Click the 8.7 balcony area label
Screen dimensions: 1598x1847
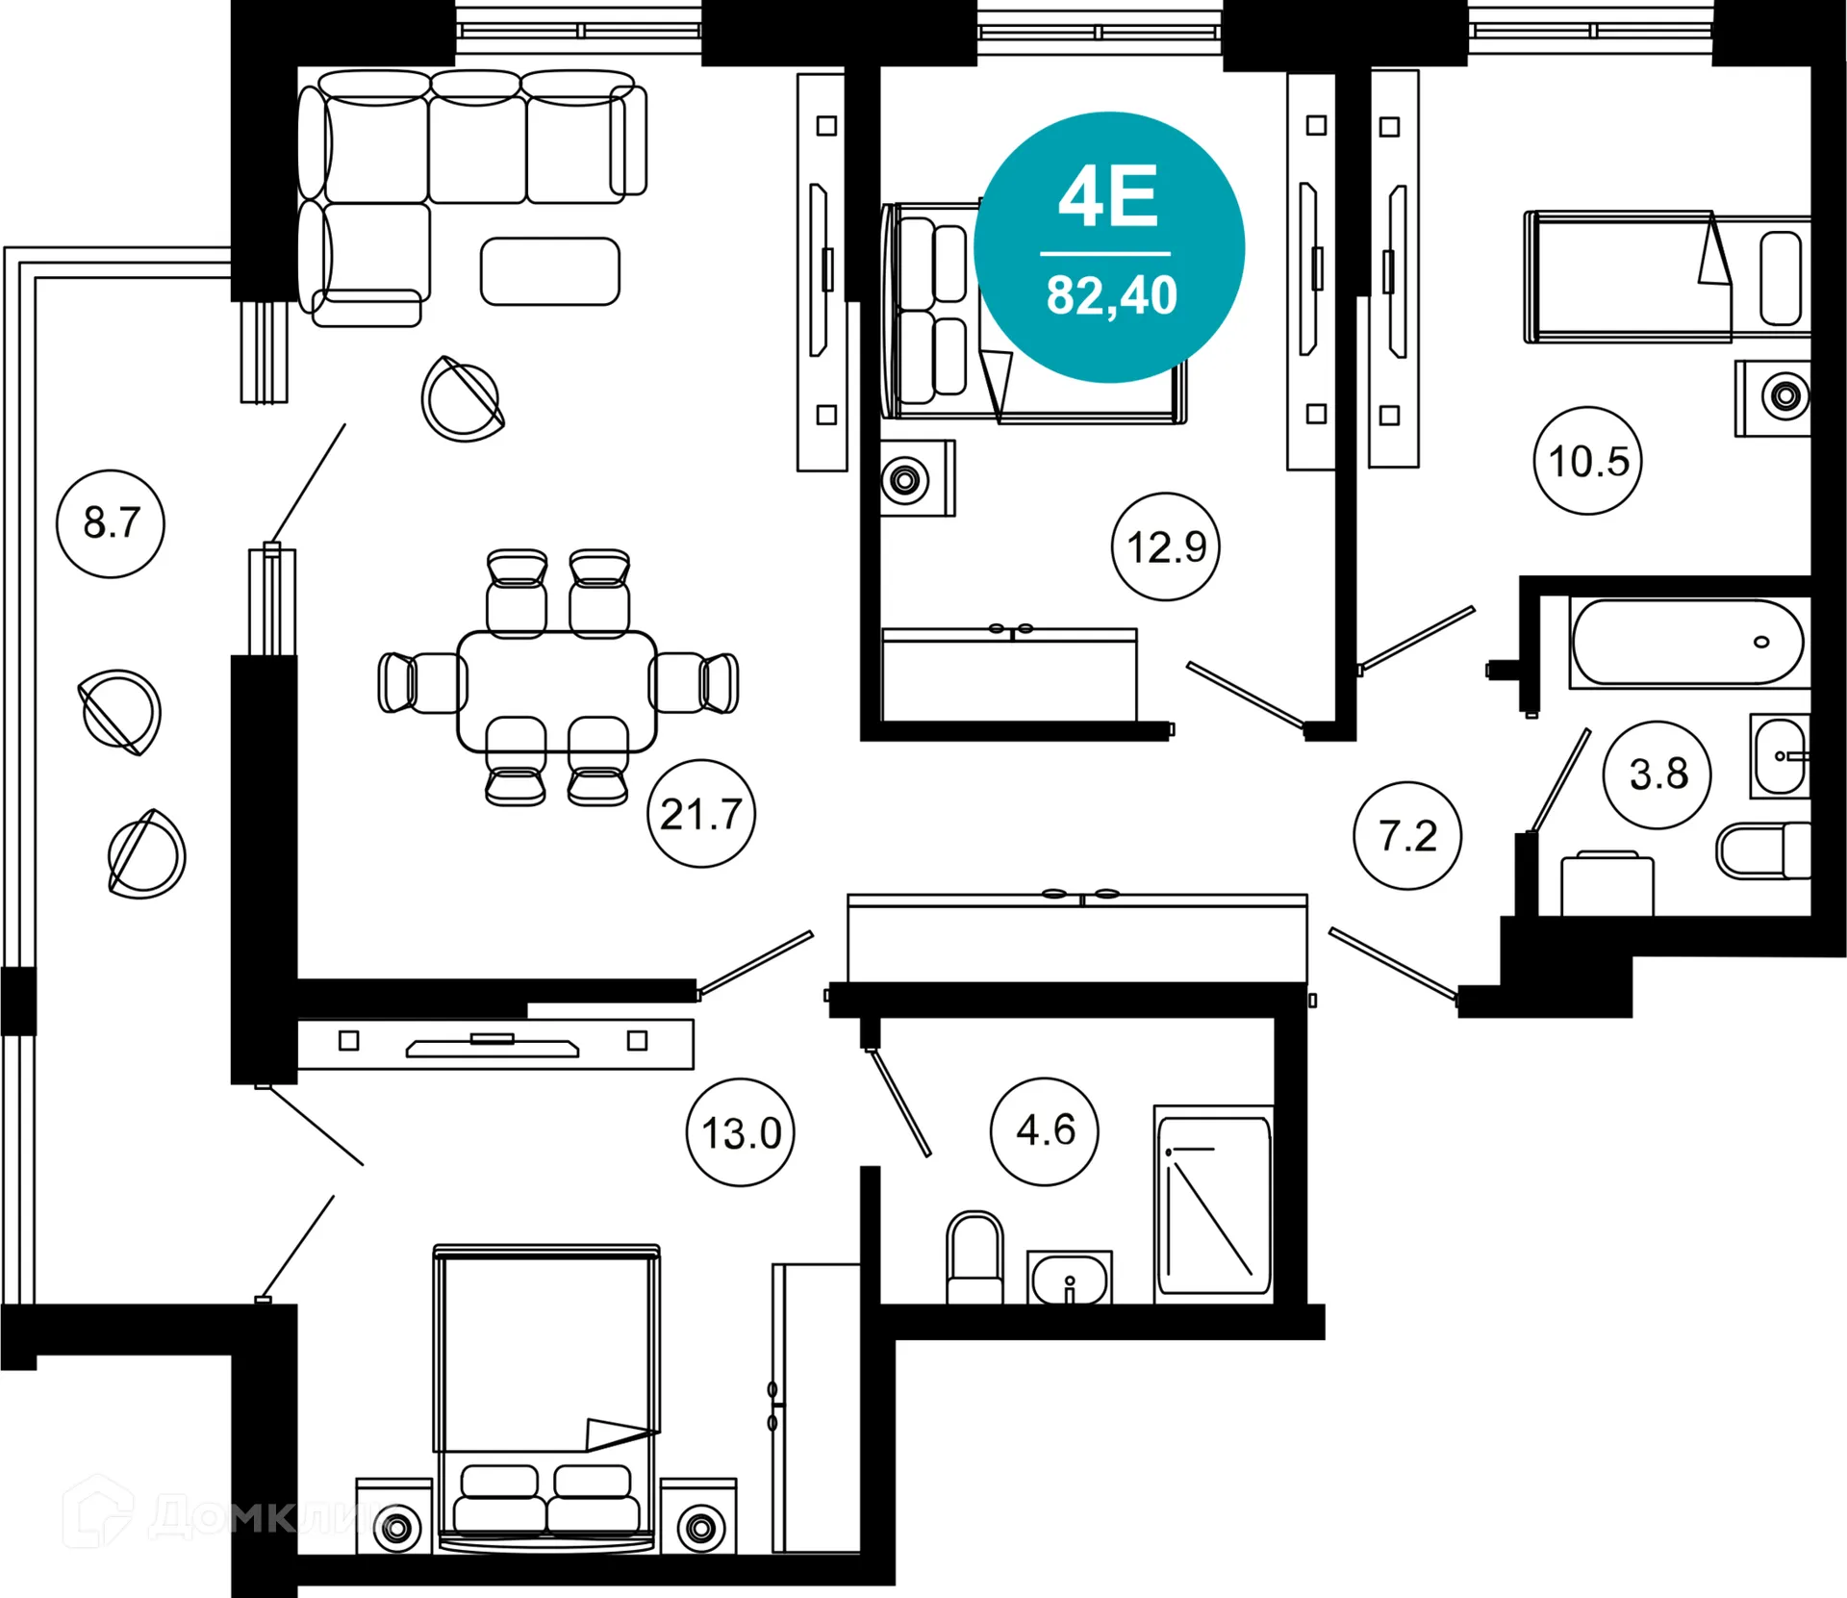click(111, 523)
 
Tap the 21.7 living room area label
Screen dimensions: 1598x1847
click(701, 814)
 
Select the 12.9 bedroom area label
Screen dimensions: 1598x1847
click(1166, 546)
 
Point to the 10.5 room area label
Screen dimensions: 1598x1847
click(1588, 461)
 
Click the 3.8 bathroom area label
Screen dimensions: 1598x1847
click(1657, 774)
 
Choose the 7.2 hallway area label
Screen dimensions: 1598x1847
click(1407, 835)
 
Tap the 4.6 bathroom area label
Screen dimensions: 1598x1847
click(1045, 1130)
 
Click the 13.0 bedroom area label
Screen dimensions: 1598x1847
click(741, 1132)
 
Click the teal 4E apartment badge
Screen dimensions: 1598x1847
click(1109, 247)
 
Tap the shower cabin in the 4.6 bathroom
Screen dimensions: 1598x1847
click(1214, 1205)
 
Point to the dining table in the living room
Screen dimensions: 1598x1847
click(557, 691)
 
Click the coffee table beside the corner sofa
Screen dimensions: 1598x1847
click(550, 271)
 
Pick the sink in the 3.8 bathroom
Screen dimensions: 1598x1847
click(1780, 756)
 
